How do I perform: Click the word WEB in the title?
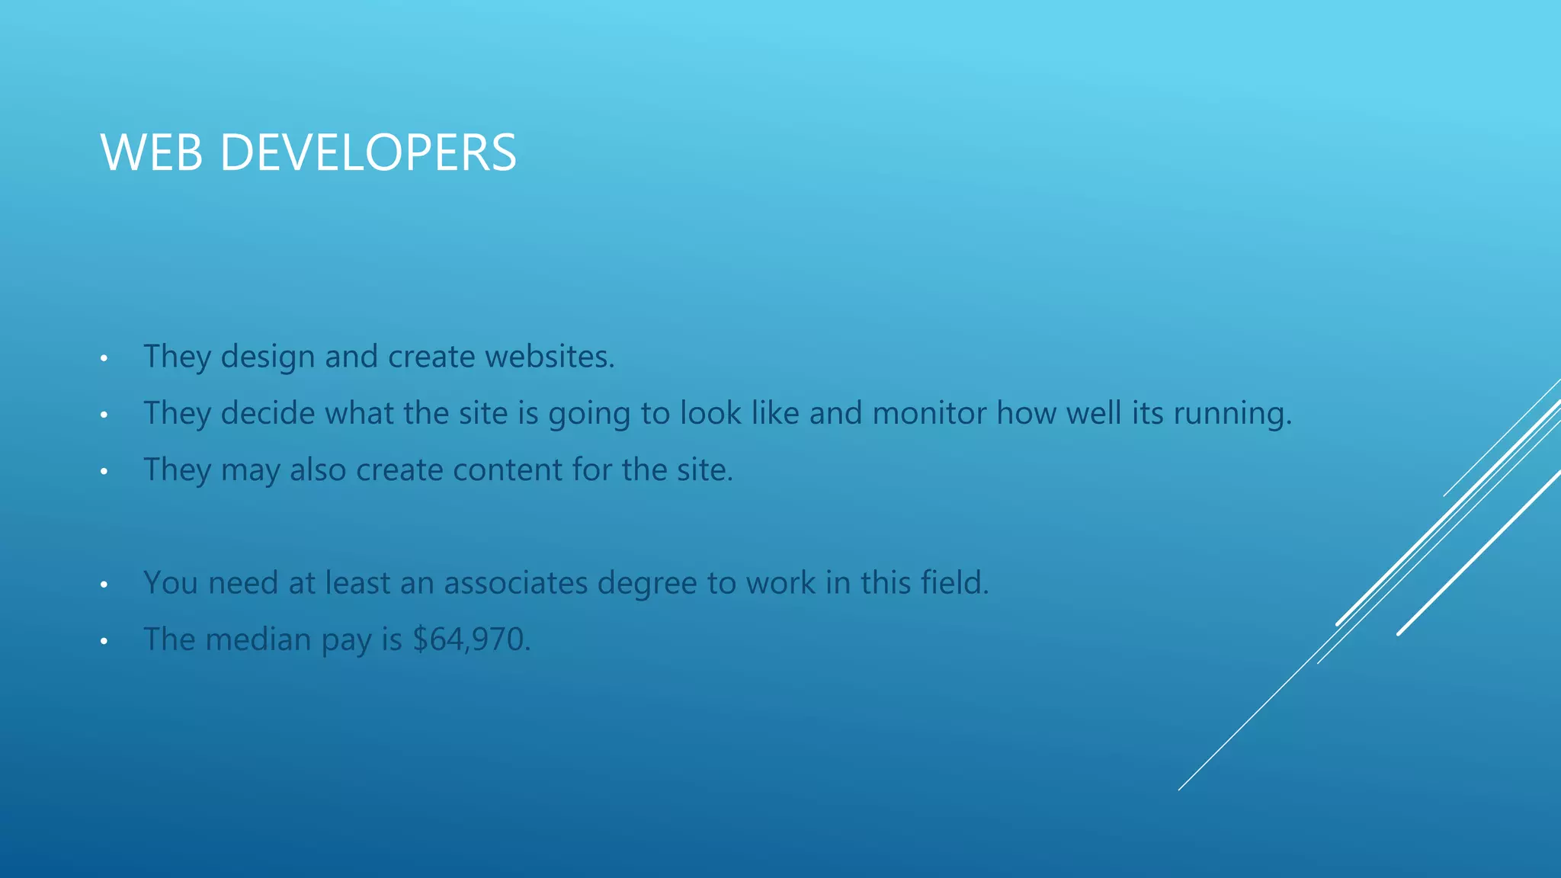(x=152, y=152)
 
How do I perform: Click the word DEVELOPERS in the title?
(x=368, y=152)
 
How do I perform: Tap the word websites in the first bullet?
(x=549, y=357)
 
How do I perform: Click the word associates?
(x=515, y=583)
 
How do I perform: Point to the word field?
(x=954, y=583)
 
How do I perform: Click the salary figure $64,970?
(x=470, y=639)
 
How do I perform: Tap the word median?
(x=258, y=639)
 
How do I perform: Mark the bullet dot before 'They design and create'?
(x=104, y=357)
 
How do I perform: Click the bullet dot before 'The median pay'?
(x=104, y=641)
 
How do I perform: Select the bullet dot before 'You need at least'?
(x=104, y=585)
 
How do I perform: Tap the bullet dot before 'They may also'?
(x=104, y=471)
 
